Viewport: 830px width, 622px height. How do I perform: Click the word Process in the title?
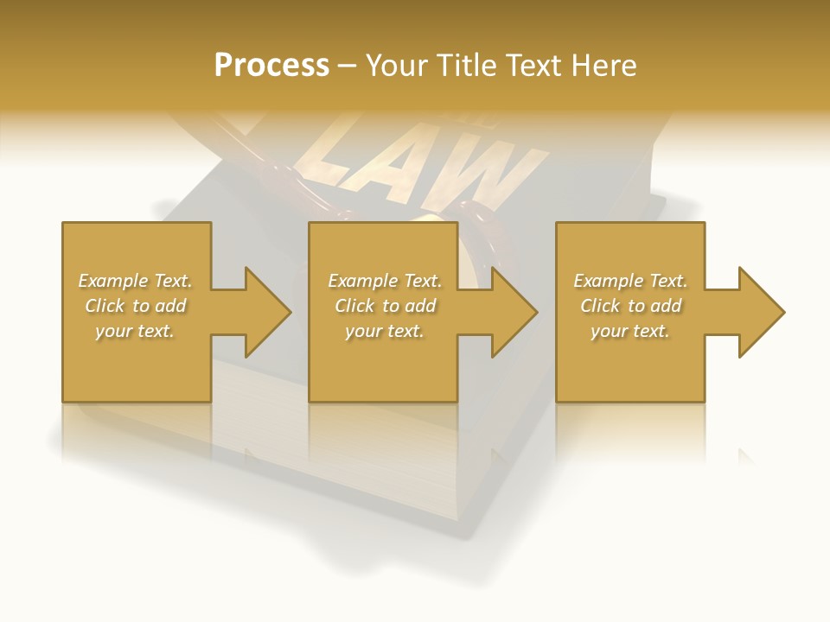[x=271, y=66]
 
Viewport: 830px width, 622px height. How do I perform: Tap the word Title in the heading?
[x=468, y=66]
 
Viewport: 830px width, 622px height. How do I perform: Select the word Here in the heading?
[x=603, y=66]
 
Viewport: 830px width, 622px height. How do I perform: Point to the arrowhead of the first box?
[x=264, y=312]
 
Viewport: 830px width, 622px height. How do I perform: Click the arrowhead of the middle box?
[x=511, y=312]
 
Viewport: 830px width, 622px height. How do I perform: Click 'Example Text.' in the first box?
[x=136, y=281]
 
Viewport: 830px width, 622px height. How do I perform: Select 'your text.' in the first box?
[x=135, y=331]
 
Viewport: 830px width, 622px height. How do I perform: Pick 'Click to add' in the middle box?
[x=385, y=306]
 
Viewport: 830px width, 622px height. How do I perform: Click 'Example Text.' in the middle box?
[x=385, y=281]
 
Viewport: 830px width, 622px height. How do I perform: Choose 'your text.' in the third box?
[x=630, y=331]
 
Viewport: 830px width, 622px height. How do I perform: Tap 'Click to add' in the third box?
[x=631, y=306]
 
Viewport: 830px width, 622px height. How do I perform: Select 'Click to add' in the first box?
[x=136, y=306]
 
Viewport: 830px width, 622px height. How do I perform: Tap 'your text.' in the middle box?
[x=384, y=331]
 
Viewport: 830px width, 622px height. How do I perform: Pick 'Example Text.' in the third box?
[x=630, y=281]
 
